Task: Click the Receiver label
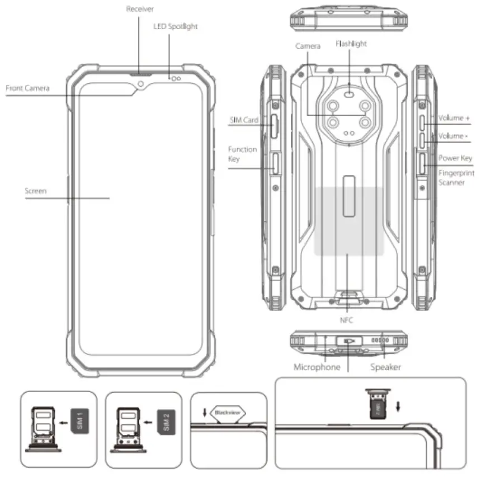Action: coord(140,10)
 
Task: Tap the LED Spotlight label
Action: coord(175,26)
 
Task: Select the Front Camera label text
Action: coord(27,88)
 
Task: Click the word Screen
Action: coord(36,191)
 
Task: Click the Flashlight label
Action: coord(351,43)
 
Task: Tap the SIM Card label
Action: coord(243,120)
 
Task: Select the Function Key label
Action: coord(242,154)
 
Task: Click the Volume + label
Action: coord(454,119)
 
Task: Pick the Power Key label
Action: coord(455,158)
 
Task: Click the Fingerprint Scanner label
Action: coord(456,178)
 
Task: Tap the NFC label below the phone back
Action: coord(347,320)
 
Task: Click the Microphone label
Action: coord(317,367)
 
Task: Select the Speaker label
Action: coord(385,367)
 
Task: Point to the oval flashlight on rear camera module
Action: coord(350,95)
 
